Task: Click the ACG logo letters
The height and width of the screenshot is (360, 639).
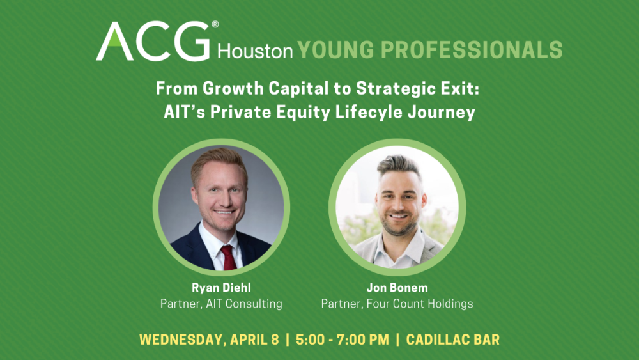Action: click(x=153, y=42)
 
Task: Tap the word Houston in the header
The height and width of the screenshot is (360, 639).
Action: click(x=255, y=51)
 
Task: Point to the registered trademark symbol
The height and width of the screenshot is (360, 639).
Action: click(x=215, y=25)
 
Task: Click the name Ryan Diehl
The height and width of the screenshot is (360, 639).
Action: click(x=220, y=288)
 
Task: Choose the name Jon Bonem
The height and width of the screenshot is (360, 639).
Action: click(x=397, y=288)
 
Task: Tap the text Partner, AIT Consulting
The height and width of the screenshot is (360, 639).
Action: click(x=220, y=304)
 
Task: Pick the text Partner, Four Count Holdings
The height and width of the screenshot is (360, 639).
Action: click(x=397, y=304)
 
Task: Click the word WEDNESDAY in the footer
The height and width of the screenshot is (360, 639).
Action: click(x=181, y=340)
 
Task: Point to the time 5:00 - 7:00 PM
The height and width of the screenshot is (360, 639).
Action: click(x=343, y=340)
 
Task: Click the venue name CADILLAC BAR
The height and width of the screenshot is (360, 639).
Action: click(x=452, y=340)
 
